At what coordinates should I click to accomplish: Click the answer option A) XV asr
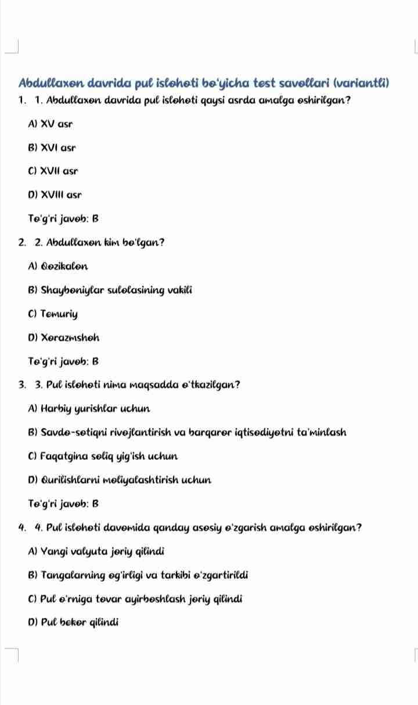tap(51, 124)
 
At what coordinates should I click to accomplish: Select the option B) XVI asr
tap(52, 148)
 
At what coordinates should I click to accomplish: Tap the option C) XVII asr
tap(53, 171)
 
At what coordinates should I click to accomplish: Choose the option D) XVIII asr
tap(55, 195)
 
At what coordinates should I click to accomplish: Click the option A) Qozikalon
tap(59, 267)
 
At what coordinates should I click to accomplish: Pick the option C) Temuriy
tap(53, 314)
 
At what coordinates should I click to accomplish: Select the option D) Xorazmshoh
tap(59, 338)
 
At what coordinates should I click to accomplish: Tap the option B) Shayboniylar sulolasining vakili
tap(110, 290)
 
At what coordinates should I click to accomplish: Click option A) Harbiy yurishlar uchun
tap(89, 409)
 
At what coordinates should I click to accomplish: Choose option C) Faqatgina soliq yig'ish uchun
tap(103, 456)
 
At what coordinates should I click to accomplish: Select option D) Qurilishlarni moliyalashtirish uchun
tap(119, 480)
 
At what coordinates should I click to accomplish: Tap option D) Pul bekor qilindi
tap(73, 623)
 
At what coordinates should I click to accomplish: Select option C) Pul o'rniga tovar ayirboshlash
tap(135, 599)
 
